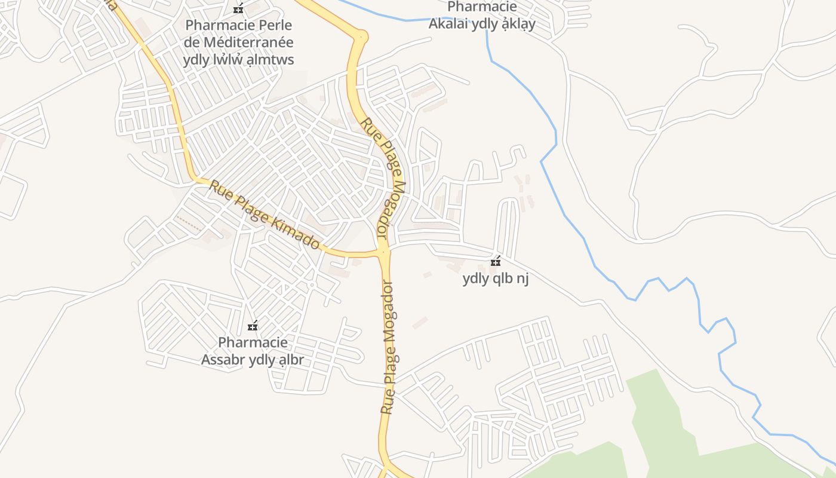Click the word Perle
(x=275, y=25)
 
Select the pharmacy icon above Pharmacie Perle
(x=238, y=9)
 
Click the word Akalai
(x=448, y=24)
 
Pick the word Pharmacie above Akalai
(x=482, y=7)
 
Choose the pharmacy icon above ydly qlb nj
(x=495, y=261)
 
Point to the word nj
(x=523, y=278)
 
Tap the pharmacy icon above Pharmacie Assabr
(x=253, y=326)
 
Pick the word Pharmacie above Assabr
(x=253, y=342)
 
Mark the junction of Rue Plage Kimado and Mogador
(x=383, y=252)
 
